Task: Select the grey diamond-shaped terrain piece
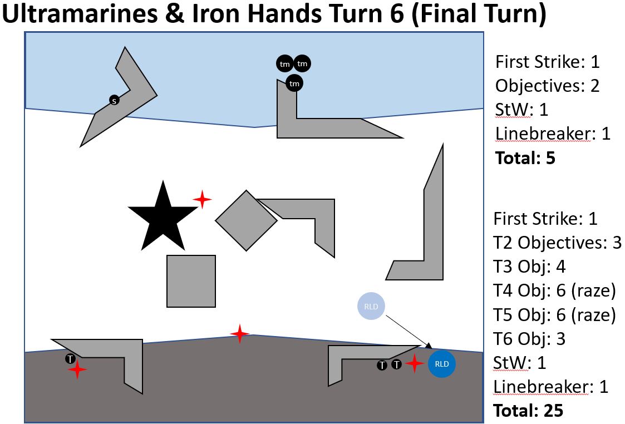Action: click(246, 220)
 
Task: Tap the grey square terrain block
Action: click(191, 281)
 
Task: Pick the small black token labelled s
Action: click(114, 101)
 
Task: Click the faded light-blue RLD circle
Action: click(371, 306)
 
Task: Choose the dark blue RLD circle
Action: click(441, 364)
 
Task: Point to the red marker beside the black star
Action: click(202, 199)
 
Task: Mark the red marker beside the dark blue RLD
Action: click(415, 363)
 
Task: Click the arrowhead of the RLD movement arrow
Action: click(429, 346)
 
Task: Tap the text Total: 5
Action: click(525, 158)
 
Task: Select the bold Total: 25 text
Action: click(528, 411)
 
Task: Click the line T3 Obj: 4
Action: click(529, 267)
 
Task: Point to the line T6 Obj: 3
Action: click(529, 338)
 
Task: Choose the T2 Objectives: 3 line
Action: click(557, 243)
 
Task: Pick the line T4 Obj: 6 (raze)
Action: click(554, 290)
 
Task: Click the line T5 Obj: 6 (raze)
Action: click(554, 314)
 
